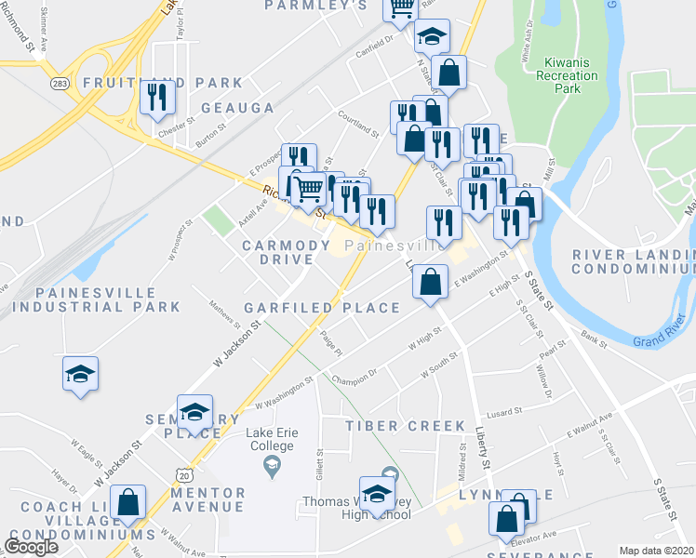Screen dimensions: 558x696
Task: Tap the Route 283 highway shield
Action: click(x=60, y=83)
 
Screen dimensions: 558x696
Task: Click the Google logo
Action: click(x=31, y=547)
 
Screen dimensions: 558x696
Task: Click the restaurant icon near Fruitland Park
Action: click(x=156, y=97)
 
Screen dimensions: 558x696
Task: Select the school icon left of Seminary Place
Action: click(x=80, y=375)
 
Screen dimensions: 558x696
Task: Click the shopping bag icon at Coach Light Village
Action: click(x=128, y=502)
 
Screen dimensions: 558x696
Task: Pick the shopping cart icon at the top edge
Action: click(x=401, y=7)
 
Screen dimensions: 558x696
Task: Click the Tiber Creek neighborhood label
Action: click(x=405, y=426)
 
